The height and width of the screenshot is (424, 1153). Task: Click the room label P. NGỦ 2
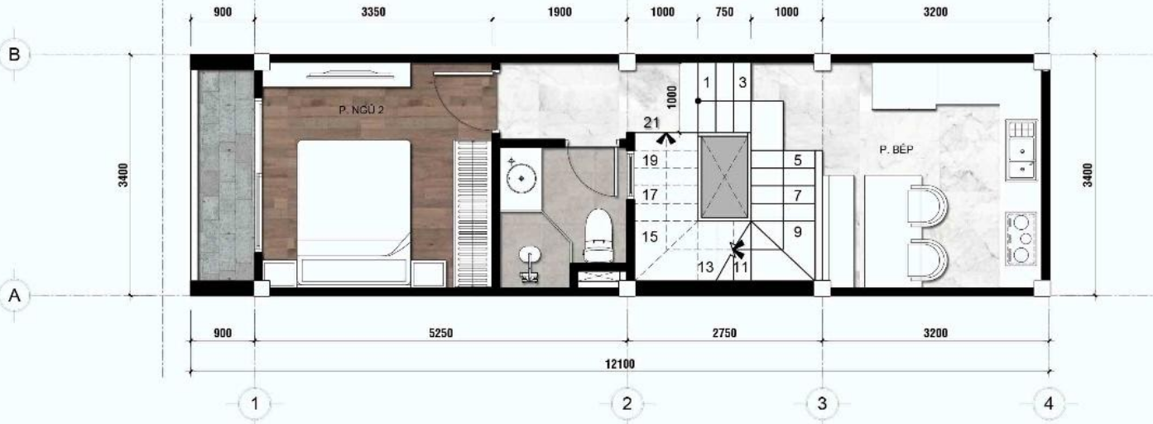362,110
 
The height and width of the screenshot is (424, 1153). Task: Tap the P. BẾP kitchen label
896,149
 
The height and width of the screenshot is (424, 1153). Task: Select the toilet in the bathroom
598,235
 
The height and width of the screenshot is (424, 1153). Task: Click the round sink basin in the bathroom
521,178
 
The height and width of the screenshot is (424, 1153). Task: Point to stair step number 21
651,123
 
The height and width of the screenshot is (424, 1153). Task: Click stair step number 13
705,267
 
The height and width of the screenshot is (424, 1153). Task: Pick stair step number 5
797,160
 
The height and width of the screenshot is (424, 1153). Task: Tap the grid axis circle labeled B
14,54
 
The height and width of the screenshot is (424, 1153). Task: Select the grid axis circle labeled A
14,296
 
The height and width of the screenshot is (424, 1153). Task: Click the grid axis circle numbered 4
1049,403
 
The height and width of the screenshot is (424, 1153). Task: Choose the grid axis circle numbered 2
627,403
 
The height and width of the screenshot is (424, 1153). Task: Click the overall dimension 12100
620,364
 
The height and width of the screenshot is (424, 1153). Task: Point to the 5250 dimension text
440,334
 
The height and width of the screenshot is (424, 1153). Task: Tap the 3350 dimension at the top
373,12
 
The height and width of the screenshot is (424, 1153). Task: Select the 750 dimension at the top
724,12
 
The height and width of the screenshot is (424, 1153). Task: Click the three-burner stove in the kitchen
1021,238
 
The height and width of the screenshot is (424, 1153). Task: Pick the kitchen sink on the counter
1021,150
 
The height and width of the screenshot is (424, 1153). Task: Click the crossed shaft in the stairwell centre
723,176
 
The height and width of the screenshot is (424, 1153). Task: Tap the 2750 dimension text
724,334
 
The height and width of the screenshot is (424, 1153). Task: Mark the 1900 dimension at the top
560,12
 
